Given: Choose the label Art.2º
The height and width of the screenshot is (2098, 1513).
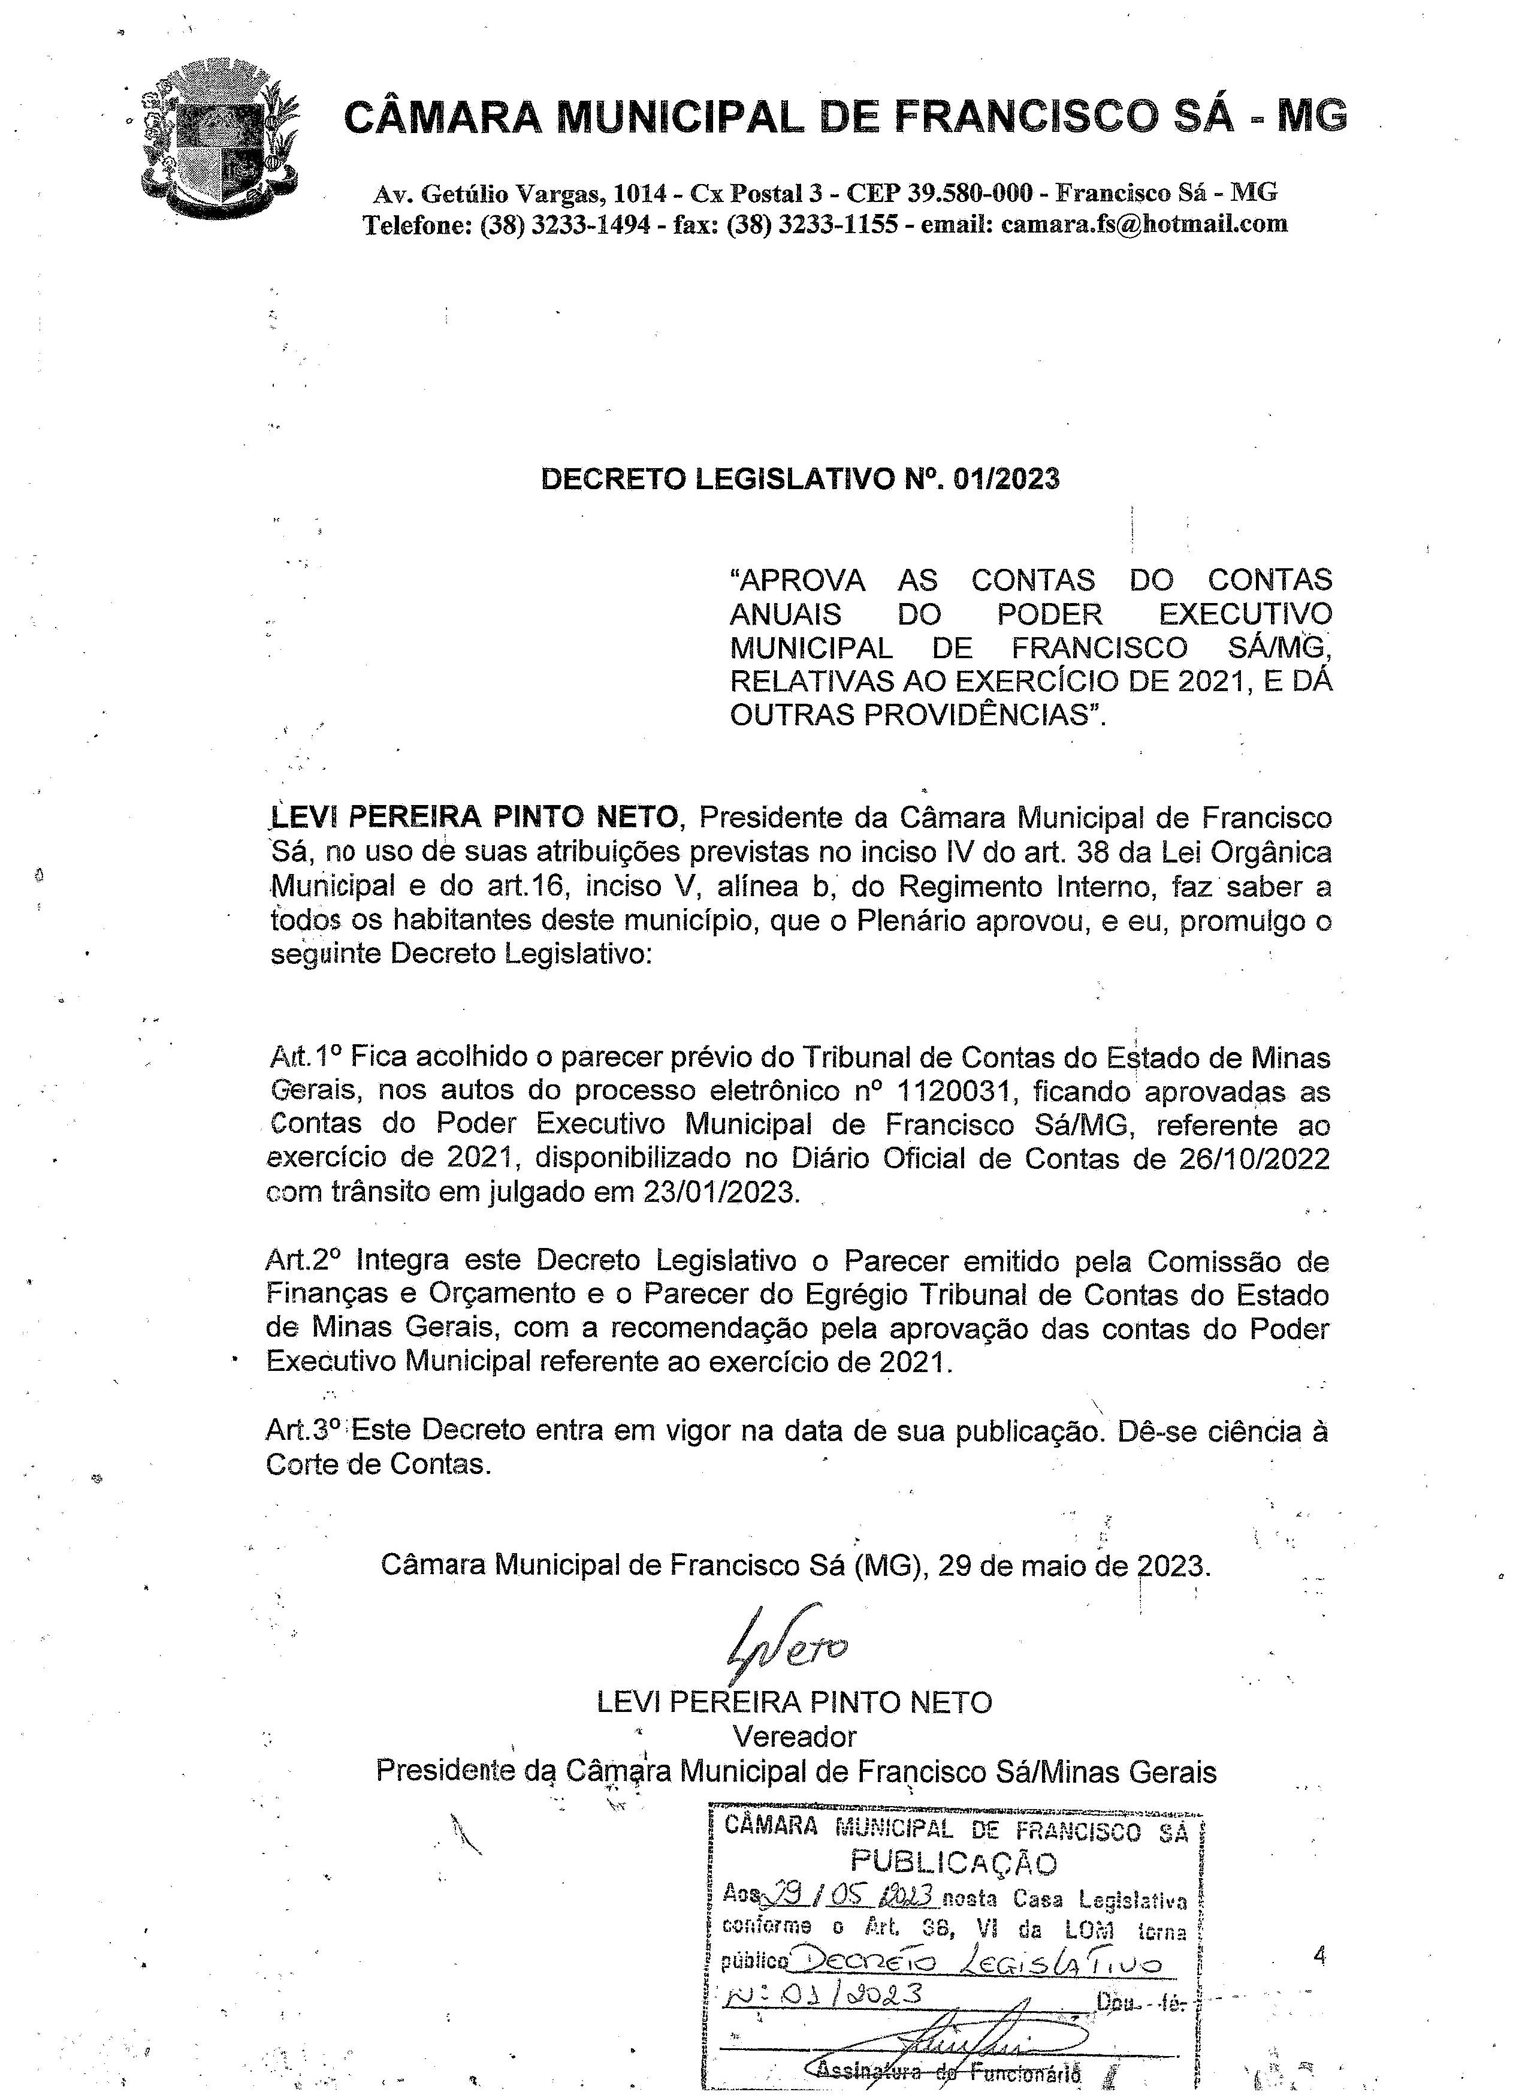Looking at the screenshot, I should [x=303, y=1260].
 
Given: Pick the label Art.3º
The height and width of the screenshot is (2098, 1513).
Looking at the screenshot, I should [x=303, y=1430].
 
